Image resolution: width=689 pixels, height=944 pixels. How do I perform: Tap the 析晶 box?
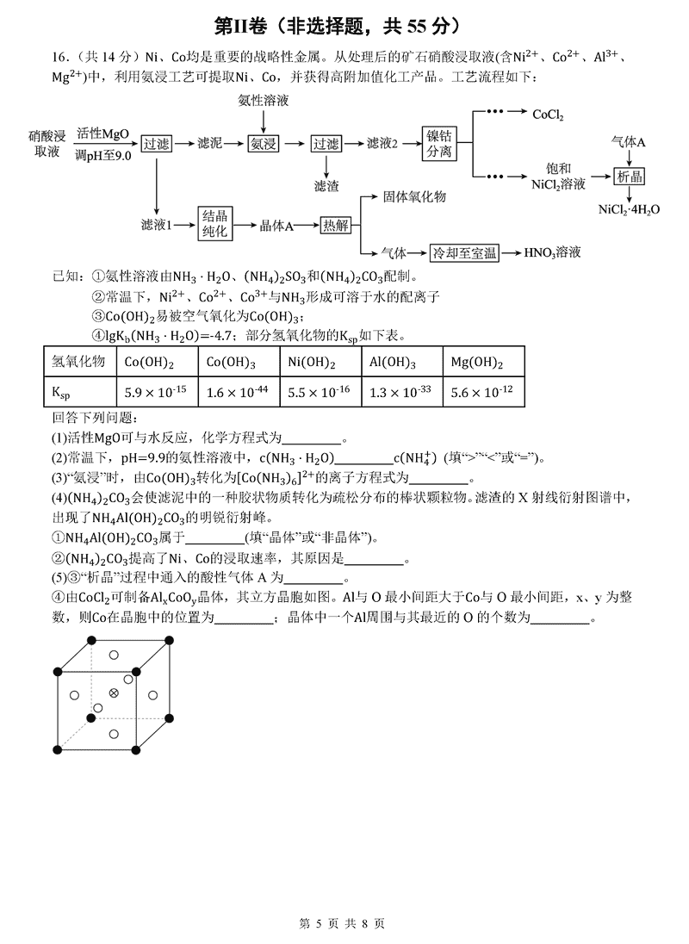click(630, 177)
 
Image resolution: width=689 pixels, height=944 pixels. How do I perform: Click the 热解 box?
click(336, 225)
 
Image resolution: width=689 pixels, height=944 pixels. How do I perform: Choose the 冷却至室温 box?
click(465, 252)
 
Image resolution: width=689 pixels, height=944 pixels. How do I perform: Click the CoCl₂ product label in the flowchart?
click(549, 114)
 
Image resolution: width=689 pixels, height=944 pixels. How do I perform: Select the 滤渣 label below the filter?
click(326, 185)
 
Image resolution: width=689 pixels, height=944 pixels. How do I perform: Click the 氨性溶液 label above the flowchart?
click(263, 101)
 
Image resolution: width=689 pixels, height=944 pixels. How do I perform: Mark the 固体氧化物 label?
click(414, 197)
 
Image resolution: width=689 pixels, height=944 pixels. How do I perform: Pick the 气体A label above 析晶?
click(629, 140)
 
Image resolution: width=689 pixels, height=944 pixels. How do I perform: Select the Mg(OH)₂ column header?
click(476, 362)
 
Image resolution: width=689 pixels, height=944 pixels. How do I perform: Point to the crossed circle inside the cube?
click(113, 693)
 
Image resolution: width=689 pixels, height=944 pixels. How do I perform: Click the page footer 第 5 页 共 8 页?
click(344, 922)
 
